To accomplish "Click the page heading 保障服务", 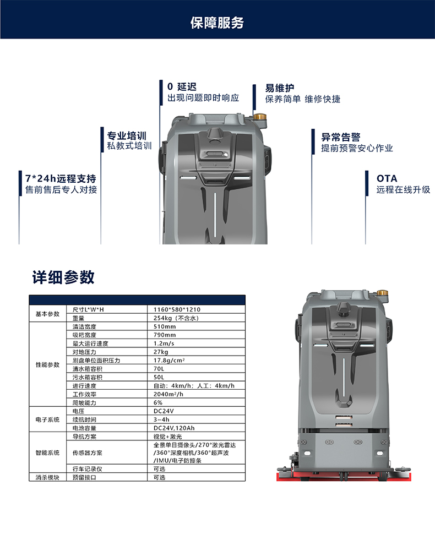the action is click(217, 23).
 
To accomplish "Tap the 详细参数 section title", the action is click(63, 277).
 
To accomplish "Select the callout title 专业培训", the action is click(127, 135).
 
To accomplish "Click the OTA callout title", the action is click(387, 178).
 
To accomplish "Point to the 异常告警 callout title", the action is click(341, 137).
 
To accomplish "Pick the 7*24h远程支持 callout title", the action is click(61, 178).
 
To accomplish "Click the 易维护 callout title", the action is click(280, 88).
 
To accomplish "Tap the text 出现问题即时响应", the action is click(203, 98).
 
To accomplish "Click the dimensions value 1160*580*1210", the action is click(177, 309).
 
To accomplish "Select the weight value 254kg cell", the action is click(176, 318).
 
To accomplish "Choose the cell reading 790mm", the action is click(165, 335).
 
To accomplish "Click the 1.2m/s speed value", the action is click(164, 344).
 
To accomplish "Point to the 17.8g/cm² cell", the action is click(169, 361).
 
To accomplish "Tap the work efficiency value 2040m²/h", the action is click(168, 394).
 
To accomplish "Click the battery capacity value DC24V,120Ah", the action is click(174, 428).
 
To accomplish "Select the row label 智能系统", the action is click(48, 453).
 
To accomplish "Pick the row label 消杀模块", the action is click(48, 478).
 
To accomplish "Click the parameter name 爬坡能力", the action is click(84, 403).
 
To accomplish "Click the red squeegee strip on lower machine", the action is click(344, 477).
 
